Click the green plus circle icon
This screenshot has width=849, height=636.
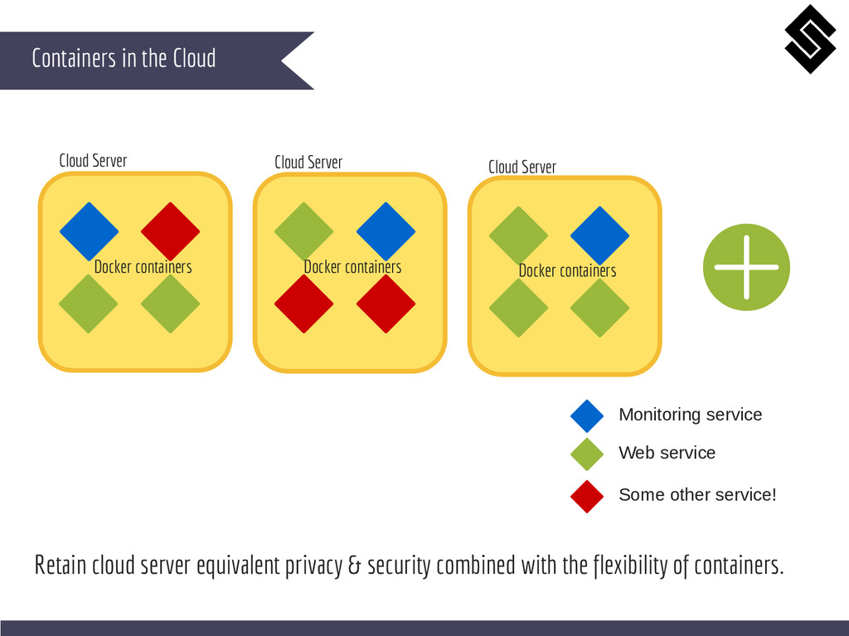point(746,267)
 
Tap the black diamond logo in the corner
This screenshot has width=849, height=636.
point(810,39)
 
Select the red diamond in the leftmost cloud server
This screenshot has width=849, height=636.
point(170,231)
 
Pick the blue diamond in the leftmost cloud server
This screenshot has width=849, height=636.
point(89,231)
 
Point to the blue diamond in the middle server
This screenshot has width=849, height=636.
point(386,231)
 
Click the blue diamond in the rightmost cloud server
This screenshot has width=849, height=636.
point(599,235)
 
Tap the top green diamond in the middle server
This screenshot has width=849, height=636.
point(303,231)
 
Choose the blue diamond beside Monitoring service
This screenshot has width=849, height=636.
point(587,415)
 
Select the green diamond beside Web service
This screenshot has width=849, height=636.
point(587,454)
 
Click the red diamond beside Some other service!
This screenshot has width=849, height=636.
point(587,496)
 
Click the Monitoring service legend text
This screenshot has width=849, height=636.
point(690,415)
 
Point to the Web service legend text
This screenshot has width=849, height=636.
point(667,453)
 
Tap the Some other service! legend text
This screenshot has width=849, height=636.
point(697,495)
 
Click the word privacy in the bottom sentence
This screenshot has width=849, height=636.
point(313,566)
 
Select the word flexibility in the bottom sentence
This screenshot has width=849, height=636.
point(631,566)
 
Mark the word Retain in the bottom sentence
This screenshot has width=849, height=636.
point(60,566)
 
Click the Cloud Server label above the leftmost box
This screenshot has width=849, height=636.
point(93,160)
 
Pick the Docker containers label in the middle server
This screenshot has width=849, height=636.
point(352,267)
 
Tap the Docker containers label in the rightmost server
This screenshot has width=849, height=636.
point(567,271)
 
